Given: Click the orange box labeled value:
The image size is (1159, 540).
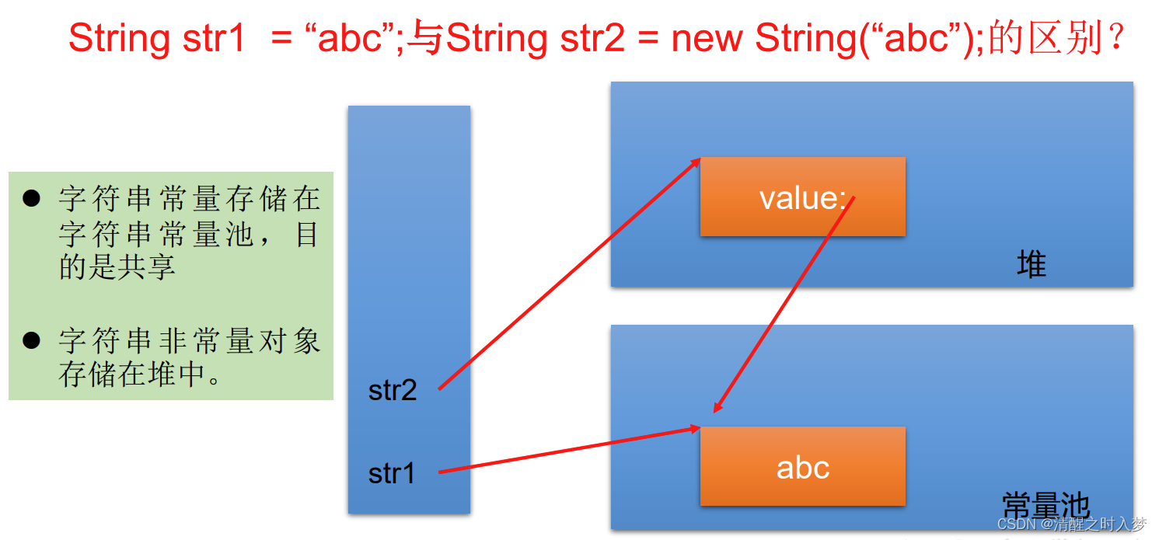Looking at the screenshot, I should coord(802,197).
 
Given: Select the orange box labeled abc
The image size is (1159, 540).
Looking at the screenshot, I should coord(802,467).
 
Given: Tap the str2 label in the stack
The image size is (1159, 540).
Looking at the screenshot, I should coord(393,390).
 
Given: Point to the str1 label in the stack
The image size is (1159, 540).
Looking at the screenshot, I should coord(392,473).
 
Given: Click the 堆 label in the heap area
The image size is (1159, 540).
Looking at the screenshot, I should coord(1032,266).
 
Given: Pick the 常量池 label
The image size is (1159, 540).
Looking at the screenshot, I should coord(1046,505).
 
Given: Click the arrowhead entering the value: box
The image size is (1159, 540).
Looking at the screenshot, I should coord(696,162).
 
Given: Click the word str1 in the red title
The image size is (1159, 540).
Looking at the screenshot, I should coord(215,39).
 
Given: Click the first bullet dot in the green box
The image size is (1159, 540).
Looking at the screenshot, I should coord(31,199).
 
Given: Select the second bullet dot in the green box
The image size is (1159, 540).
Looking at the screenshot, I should coord(31,340).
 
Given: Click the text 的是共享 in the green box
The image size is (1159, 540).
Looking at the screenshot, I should coord(117,267).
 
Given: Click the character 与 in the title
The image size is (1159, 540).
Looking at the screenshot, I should coord(425,39).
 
